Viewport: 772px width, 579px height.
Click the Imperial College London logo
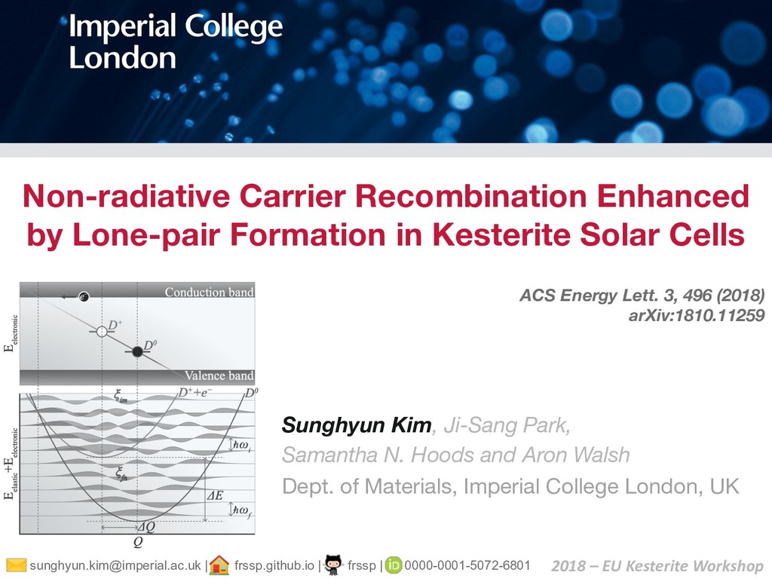pyautogui.click(x=176, y=42)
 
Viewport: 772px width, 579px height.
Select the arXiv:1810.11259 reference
pyautogui.click(x=697, y=314)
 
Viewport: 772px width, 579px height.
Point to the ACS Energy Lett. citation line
pyautogui.click(x=642, y=295)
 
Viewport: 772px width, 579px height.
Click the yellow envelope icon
pyautogui.click(x=15, y=565)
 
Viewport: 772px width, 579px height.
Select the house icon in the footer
pyautogui.click(x=219, y=565)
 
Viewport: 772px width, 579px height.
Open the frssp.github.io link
pyautogui.click(x=274, y=565)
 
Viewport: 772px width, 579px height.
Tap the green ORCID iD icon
pyautogui.click(x=394, y=565)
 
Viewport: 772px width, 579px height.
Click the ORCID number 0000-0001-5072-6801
pyautogui.click(x=467, y=565)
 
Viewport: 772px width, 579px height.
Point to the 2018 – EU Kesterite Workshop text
pyautogui.click(x=657, y=565)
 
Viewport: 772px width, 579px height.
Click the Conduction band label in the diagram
pyautogui.click(x=209, y=292)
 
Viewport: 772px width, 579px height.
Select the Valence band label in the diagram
pyautogui.click(x=219, y=375)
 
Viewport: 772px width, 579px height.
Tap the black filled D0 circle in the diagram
pyautogui.click(x=136, y=351)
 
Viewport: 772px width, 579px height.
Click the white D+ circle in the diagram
pyautogui.click(x=101, y=330)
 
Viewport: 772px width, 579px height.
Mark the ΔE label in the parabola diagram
pyautogui.click(x=216, y=496)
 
